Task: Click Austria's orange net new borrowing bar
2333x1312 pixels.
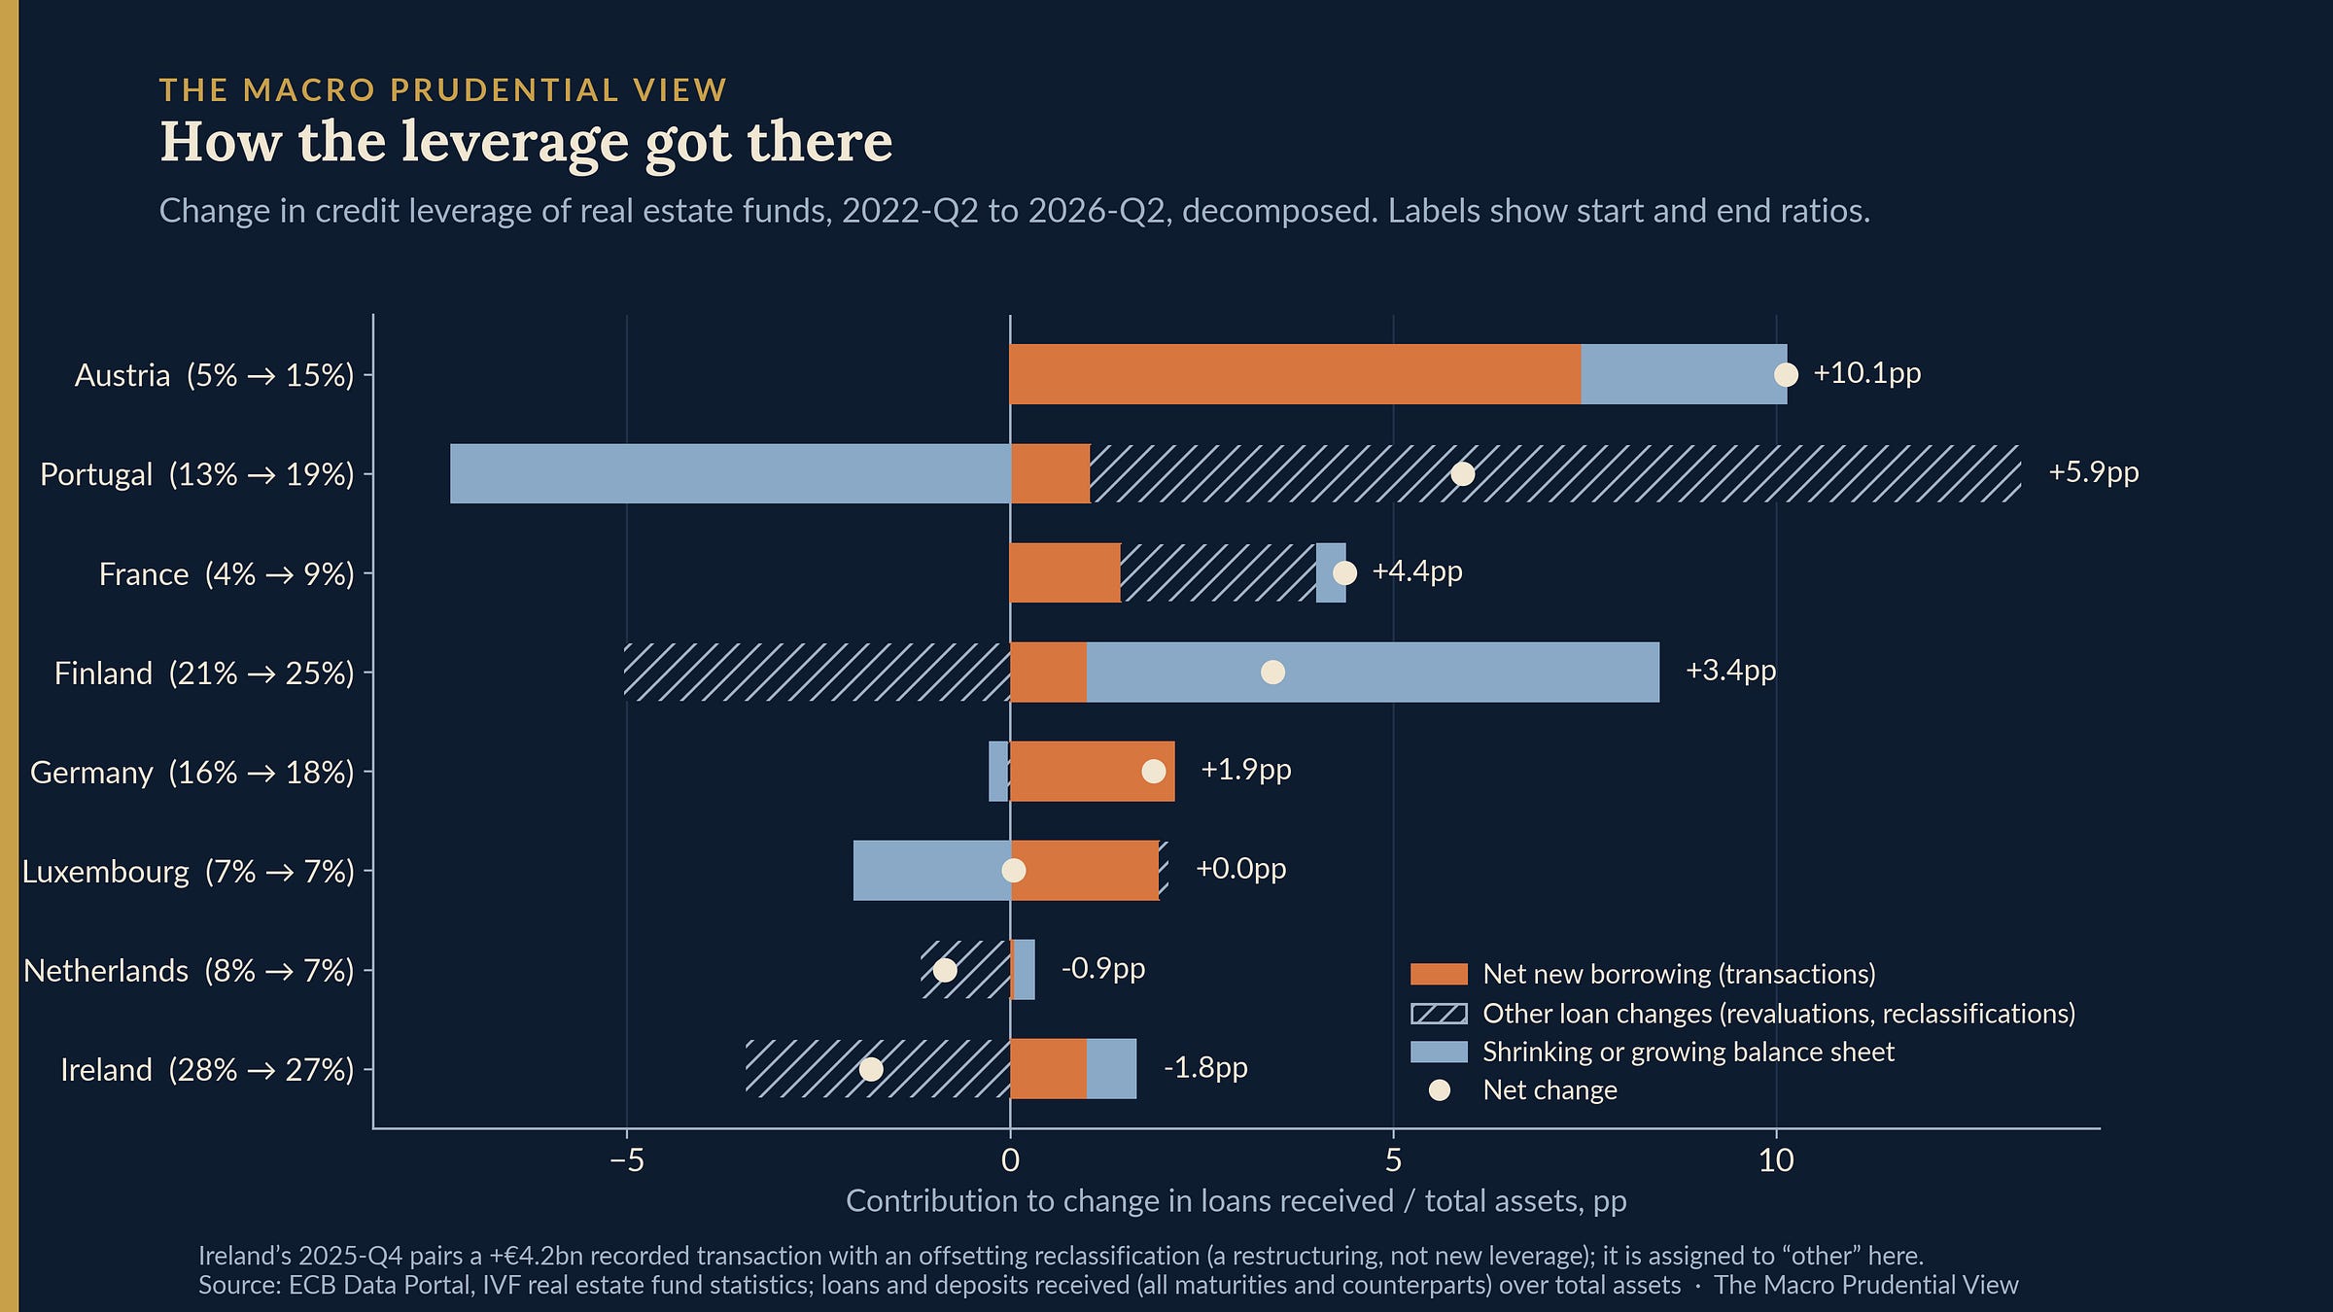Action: (1295, 374)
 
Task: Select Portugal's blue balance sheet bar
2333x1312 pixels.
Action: (730, 473)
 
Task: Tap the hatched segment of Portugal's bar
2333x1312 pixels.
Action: (1555, 473)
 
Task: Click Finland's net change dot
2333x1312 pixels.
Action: (1272, 672)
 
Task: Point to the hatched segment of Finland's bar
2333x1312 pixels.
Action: (817, 672)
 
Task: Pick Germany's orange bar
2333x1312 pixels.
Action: (1093, 771)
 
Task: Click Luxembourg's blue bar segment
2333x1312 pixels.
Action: (932, 870)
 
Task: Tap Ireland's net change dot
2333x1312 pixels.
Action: (871, 1069)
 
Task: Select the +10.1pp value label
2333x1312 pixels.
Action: (1867, 373)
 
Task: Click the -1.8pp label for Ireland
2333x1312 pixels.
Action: (1205, 1068)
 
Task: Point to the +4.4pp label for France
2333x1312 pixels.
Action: (1417, 571)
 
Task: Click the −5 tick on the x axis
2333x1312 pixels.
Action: (627, 1160)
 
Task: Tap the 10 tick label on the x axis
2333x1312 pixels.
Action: (1776, 1160)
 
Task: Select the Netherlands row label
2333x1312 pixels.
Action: (189, 971)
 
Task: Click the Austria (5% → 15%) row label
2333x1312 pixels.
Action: (214, 375)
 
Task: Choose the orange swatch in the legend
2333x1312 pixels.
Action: (1439, 974)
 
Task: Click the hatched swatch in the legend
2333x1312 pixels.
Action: (1439, 1014)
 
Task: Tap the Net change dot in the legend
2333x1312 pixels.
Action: (1440, 1090)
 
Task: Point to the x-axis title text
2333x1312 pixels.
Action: (1236, 1202)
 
